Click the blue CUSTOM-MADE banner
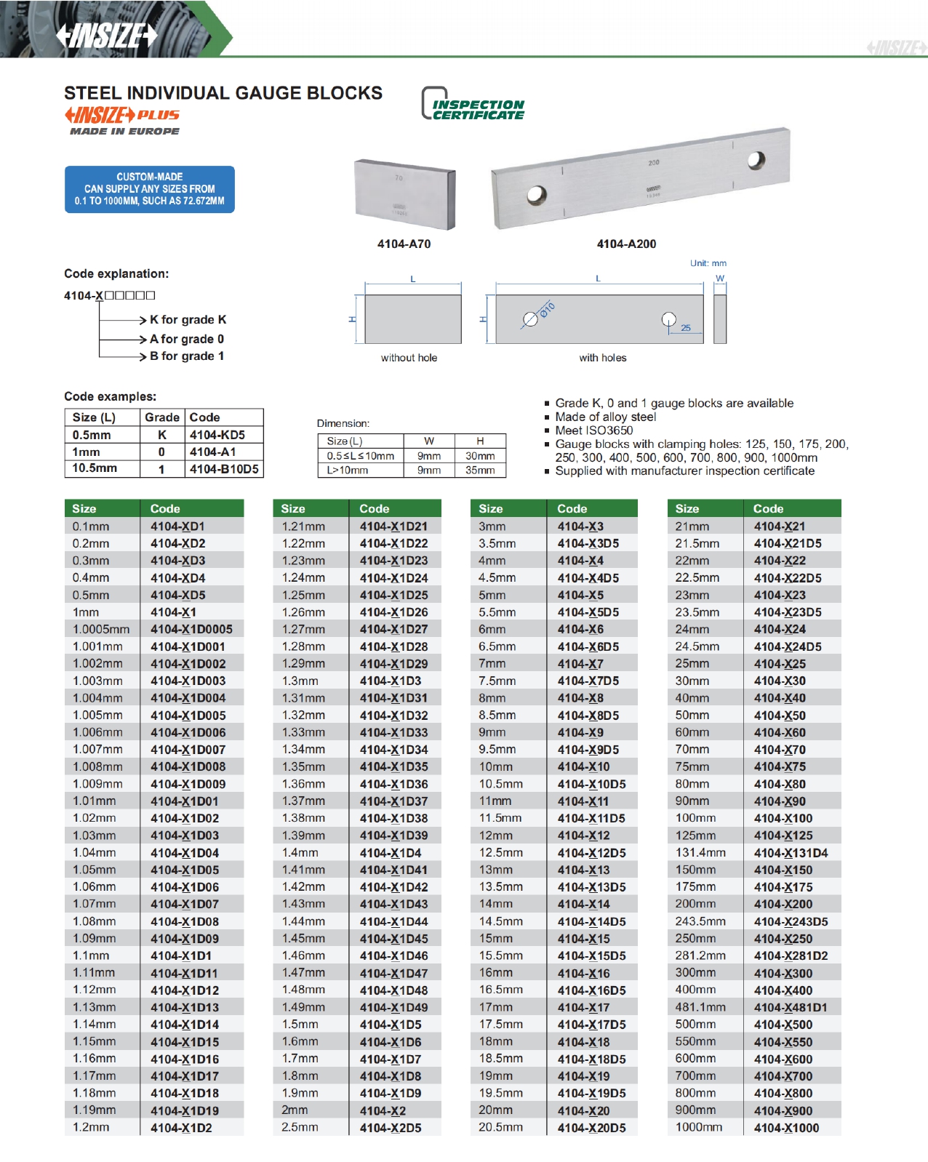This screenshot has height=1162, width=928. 149,189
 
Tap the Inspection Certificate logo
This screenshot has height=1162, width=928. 473,105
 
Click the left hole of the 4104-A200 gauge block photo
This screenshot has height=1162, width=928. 537,195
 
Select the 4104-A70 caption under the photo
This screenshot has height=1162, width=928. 404,244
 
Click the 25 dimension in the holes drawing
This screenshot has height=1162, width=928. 685,328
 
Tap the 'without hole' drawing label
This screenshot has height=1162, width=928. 409,358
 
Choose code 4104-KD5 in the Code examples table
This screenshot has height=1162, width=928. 217,435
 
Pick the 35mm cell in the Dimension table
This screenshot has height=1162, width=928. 480,470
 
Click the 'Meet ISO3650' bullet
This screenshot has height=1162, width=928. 593,430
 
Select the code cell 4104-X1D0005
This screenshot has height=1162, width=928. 191,629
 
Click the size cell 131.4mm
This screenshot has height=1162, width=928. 700,853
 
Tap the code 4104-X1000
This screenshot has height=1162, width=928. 786,1128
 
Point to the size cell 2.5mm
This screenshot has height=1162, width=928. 300,1128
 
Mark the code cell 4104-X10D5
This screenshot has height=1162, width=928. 591,785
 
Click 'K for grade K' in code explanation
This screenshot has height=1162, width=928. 188,320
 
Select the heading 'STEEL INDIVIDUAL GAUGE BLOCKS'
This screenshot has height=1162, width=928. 223,93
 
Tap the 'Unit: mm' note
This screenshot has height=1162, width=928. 708,263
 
